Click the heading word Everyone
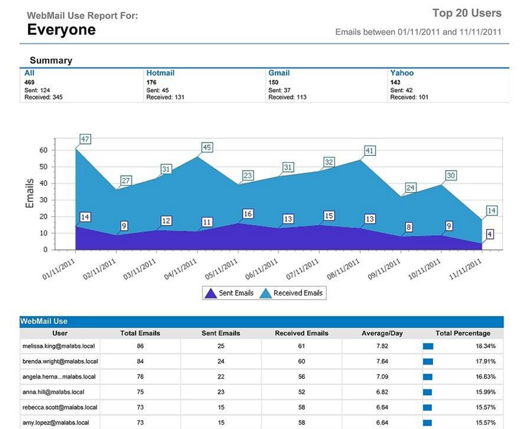pyautogui.click(x=61, y=30)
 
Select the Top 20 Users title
pyautogui.click(x=467, y=13)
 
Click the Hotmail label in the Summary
pyautogui.click(x=160, y=73)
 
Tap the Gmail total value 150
pyautogui.click(x=274, y=83)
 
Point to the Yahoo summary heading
pyautogui.click(x=402, y=73)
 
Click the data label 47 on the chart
pyautogui.click(x=85, y=139)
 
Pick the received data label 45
pyautogui.click(x=207, y=147)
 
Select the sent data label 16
pyautogui.click(x=248, y=214)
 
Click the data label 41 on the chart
pyautogui.click(x=369, y=151)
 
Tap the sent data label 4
pyautogui.click(x=490, y=234)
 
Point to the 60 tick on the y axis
pyautogui.click(x=43, y=151)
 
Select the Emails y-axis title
pyautogui.click(x=30, y=193)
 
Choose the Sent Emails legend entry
pyautogui.click(x=230, y=293)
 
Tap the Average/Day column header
pyautogui.click(x=382, y=333)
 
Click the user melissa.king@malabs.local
pyautogui.click(x=60, y=346)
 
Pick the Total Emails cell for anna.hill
pyautogui.click(x=140, y=392)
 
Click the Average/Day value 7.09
pyautogui.click(x=382, y=376)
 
